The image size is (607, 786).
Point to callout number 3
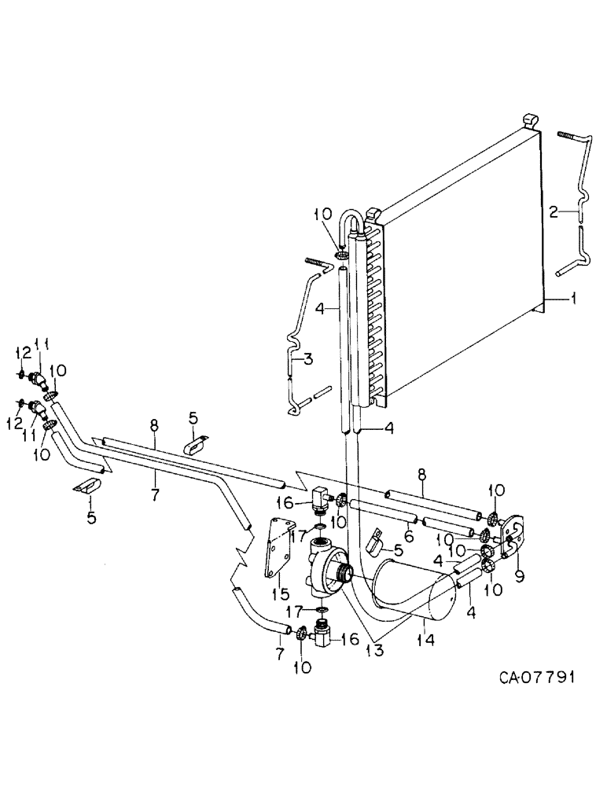(307, 360)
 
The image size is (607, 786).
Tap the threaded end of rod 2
(569, 134)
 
